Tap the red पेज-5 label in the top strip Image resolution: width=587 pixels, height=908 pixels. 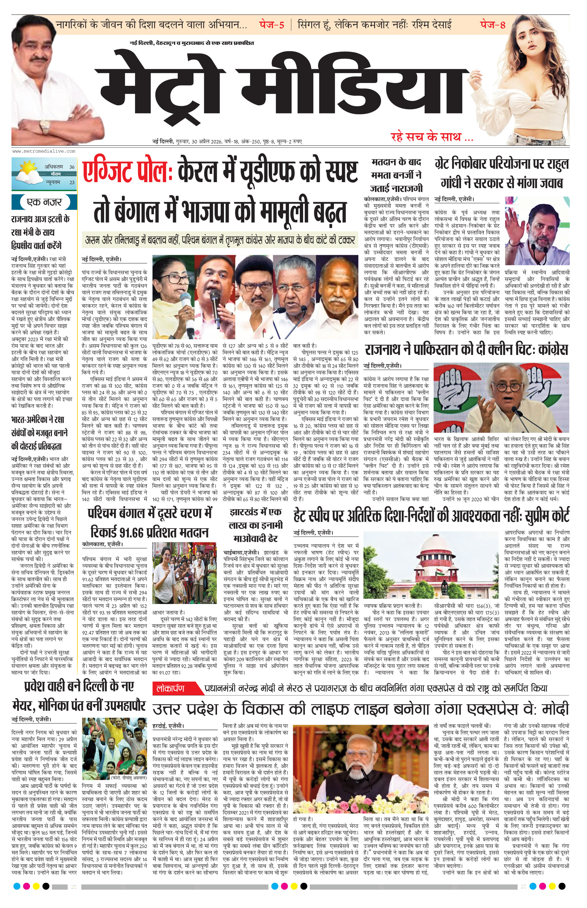click(271, 25)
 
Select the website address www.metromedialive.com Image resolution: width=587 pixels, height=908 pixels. click(44, 151)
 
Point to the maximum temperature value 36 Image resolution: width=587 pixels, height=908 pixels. click(72, 167)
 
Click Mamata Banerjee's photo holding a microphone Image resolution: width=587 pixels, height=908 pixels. click(173, 297)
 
